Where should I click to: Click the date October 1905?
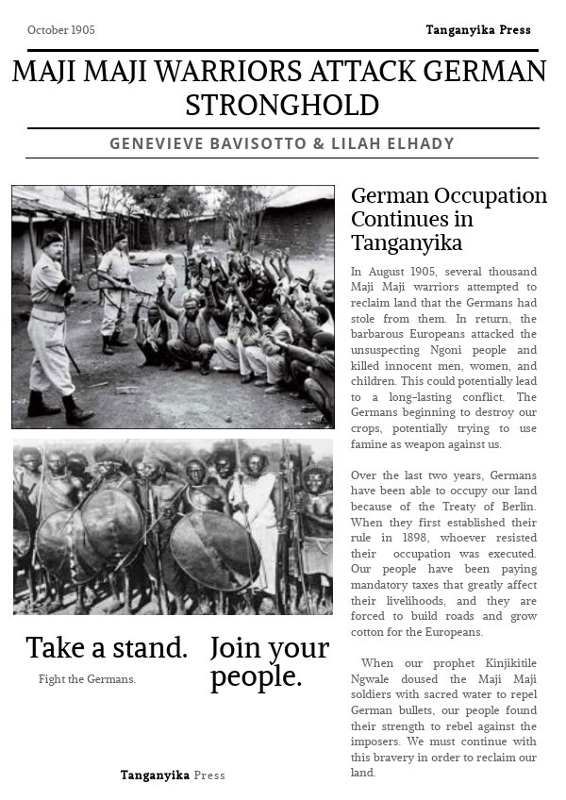pyautogui.click(x=61, y=30)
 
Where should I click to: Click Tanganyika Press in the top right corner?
pyautogui.click(x=477, y=30)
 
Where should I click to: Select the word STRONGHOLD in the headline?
pyautogui.click(x=282, y=105)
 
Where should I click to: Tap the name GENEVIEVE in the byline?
pyautogui.click(x=158, y=144)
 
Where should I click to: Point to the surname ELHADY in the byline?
pyautogui.click(x=419, y=144)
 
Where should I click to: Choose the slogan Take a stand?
pyautogui.click(x=107, y=648)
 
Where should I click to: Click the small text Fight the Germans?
pyautogui.click(x=87, y=679)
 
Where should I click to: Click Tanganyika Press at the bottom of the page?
pyautogui.click(x=173, y=775)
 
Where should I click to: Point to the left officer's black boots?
pyautogui.click(x=57, y=408)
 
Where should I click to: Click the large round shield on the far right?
pyautogui.click(x=214, y=550)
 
